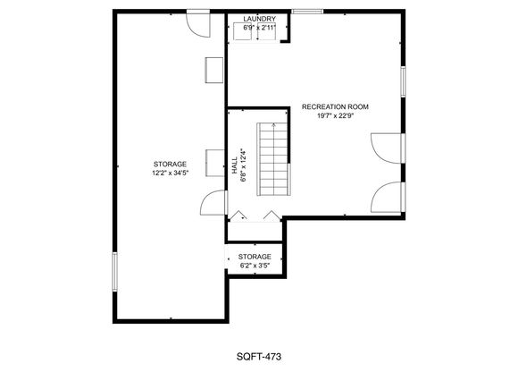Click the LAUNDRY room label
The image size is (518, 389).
pos(259,19)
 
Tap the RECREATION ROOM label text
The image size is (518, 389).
pos(335,106)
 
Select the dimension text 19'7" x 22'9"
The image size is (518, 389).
pos(335,115)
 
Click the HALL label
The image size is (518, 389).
pos(235,165)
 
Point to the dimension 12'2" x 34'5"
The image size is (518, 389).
pos(170,173)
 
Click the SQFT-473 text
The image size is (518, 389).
pos(259,357)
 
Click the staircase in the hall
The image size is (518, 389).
pos(273,159)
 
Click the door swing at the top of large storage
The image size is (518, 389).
pos(197,25)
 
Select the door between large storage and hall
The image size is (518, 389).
pos(213,203)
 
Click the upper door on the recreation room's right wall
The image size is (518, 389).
pos(388,148)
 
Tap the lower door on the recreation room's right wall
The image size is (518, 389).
pos(388,197)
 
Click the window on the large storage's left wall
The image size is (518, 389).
pos(114,272)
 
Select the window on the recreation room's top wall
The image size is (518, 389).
pos(307,12)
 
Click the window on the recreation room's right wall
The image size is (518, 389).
pos(403,81)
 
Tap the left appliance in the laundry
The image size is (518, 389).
pos(244,31)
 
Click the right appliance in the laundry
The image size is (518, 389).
pos(267,31)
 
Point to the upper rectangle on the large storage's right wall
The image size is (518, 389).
pos(214,70)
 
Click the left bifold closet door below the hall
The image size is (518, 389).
pos(238,215)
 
